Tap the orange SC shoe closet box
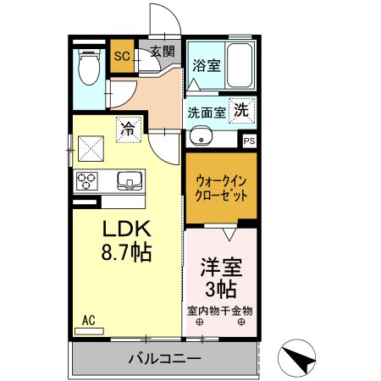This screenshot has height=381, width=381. (x=121, y=58)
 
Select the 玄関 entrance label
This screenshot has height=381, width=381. (x=163, y=51)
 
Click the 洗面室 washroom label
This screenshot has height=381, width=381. (x=206, y=112)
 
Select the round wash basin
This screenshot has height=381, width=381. (x=202, y=137)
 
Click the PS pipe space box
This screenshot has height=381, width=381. (x=249, y=141)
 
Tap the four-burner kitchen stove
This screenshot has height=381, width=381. (x=88, y=180)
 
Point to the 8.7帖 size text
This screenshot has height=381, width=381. (x=126, y=252)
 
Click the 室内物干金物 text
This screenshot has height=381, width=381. (x=220, y=310)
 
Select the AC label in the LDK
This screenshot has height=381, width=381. (x=89, y=320)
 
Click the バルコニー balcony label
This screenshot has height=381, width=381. (x=164, y=358)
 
